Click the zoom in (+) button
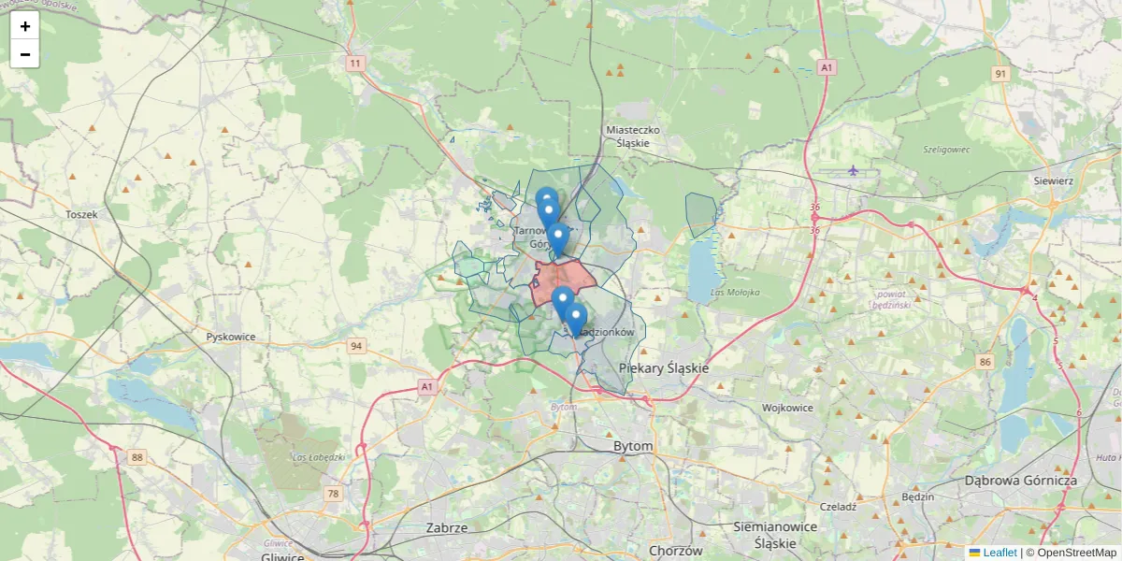point(25,26)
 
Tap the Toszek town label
point(81,214)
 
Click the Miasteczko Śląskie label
point(633,137)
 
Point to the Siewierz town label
point(1053,180)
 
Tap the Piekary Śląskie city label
point(664,368)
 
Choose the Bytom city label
point(633,447)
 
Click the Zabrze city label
point(446,527)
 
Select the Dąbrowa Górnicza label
point(1021,481)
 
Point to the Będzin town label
point(918,496)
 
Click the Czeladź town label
point(838,506)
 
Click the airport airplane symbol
point(853,169)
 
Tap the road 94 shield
point(356,346)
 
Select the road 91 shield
point(1001,74)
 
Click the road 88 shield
point(138,456)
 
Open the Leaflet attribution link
point(999,553)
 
